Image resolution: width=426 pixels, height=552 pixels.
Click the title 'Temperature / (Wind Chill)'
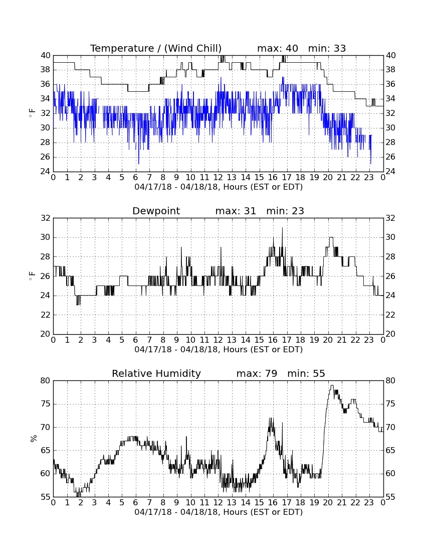point(156,48)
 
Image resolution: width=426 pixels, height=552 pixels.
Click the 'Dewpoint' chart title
point(156,211)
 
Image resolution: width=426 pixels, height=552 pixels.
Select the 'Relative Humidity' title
point(156,373)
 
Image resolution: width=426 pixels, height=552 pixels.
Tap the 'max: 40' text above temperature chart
point(277,48)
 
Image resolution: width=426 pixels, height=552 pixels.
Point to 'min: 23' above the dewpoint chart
point(285,211)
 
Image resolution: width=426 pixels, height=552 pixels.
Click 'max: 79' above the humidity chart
point(257,373)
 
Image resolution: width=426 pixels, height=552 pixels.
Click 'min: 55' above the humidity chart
point(306,373)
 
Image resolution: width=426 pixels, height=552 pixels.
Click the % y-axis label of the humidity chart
point(34,438)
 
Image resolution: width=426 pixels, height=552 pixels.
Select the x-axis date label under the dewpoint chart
point(219,350)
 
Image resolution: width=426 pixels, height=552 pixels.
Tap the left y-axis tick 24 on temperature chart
point(46,172)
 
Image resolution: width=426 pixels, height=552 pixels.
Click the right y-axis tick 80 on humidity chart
point(390,380)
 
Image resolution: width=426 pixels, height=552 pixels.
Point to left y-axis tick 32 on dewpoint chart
point(46,218)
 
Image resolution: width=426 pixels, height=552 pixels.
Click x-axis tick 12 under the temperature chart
point(218,177)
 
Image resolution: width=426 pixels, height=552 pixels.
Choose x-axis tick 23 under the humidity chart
point(369,502)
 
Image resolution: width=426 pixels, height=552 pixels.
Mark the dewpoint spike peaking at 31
point(282,228)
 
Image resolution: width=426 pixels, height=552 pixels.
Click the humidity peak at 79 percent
point(331,385)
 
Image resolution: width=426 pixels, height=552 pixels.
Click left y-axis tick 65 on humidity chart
point(46,450)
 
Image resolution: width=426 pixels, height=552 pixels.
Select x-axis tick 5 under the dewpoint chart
point(122,340)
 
